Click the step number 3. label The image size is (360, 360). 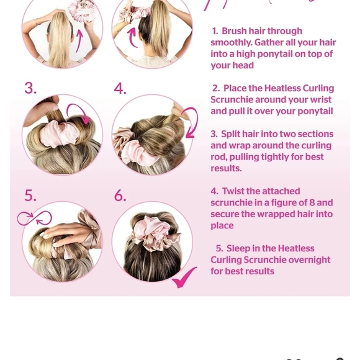tap(30, 88)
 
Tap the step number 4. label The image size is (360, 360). tap(120, 88)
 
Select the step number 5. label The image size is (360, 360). tap(30, 196)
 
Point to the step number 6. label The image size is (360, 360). tap(120, 196)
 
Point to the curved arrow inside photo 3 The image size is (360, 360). tap(79, 114)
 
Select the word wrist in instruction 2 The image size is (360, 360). tap(318, 100)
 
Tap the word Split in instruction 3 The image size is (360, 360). tap(235, 134)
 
